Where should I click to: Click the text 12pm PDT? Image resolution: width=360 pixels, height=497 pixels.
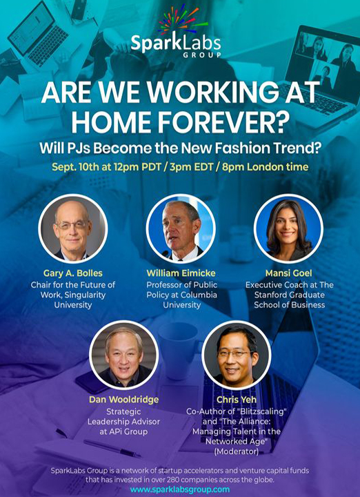[x=139, y=167]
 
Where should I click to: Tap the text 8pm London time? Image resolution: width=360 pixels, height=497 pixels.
[x=266, y=167]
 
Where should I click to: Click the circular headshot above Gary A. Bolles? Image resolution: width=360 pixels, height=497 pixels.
[x=73, y=228]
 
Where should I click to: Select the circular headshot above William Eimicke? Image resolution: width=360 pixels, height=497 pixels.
[x=181, y=228]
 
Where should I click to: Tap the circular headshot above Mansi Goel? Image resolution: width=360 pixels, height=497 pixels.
[x=288, y=228]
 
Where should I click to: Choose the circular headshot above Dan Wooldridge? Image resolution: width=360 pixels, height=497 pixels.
[x=124, y=355]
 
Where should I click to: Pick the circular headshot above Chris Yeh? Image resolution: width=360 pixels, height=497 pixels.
[x=236, y=355]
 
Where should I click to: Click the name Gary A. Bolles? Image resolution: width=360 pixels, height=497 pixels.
[x=73, y=273]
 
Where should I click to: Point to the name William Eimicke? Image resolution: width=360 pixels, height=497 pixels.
[x=181, y=273]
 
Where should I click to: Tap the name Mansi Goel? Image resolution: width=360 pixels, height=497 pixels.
[x=288, y=273]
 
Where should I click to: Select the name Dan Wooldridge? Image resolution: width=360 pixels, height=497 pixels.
[x=124, y=400]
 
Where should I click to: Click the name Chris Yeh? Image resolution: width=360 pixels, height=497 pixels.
[x=236, y=400]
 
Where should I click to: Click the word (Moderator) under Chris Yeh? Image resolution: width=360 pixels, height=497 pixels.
[x=236, y=451]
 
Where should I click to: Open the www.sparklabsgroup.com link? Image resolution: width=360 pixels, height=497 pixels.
[x=180, y=489]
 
